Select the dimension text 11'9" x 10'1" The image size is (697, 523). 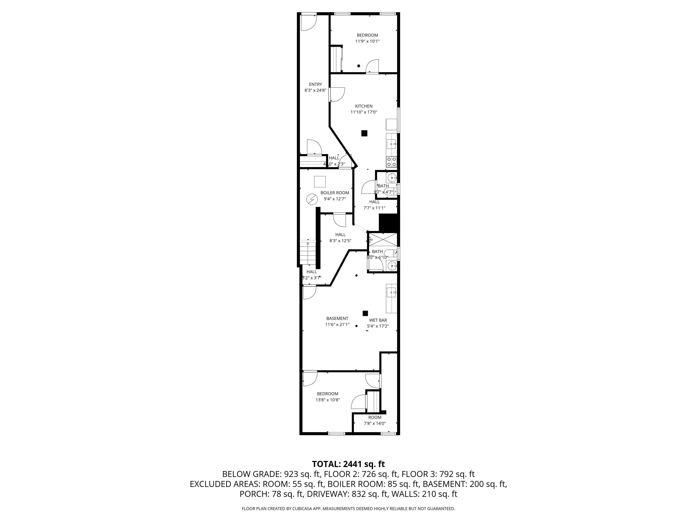[367, 41]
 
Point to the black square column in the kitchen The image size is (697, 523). [364, 133]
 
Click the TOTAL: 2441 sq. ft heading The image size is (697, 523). [348, 464]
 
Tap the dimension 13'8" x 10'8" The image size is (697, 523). [328, 400]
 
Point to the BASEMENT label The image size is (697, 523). [337, 318]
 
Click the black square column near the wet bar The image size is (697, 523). [365, 313]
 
